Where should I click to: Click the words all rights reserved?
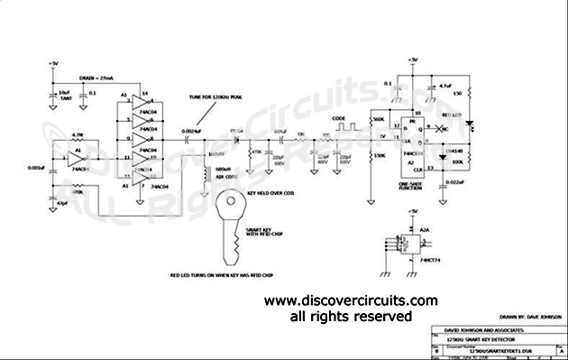350,317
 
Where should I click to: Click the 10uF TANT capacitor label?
63,94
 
